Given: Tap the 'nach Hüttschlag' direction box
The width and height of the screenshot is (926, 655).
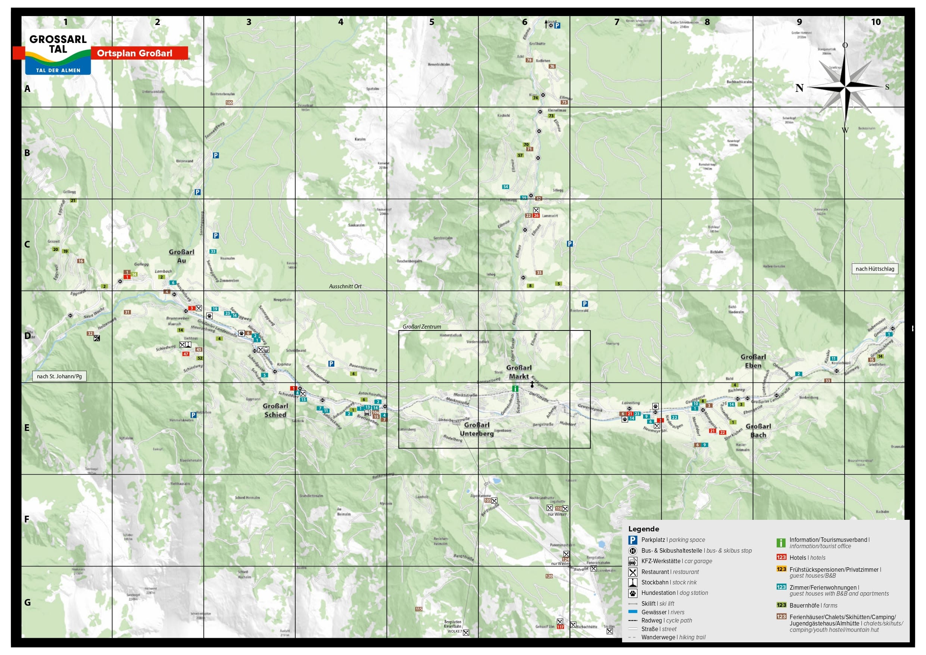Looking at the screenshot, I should point(874,269).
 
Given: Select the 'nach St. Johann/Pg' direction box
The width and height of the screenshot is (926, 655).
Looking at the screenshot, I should point(59,376).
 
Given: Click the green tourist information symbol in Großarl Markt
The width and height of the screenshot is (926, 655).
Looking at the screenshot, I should point(515,389).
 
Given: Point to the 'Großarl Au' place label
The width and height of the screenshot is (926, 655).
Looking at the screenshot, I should point(181,256).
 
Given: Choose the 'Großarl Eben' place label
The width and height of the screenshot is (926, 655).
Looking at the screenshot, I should point(753,361).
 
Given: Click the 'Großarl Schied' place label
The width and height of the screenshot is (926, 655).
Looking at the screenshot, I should point(275,410).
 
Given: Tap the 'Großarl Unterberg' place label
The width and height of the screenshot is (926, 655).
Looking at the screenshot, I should point(477,429).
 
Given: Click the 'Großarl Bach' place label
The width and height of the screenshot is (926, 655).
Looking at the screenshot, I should point(758,431).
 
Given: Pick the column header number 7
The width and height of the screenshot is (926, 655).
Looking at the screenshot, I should point(617,22).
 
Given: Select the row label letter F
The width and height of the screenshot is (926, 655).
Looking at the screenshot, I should point(27,519).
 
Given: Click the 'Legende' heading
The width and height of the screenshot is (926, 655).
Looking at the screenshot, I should point(644,529).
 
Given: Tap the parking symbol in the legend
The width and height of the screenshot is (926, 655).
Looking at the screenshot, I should point(632,540).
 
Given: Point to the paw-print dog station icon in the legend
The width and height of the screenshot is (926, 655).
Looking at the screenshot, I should point(633,593).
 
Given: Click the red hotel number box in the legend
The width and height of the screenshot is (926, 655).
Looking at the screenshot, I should point(781,557).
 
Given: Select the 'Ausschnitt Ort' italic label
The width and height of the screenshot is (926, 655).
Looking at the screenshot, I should point(345,286).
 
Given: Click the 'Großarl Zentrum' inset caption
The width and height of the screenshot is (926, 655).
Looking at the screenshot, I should point(422,326).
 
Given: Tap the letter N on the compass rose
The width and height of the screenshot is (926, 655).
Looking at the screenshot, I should point(799,88).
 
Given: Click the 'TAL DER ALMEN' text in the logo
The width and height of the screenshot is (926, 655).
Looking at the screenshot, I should point(58,70).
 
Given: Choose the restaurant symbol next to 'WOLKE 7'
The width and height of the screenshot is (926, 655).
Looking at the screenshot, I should point(466,632).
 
